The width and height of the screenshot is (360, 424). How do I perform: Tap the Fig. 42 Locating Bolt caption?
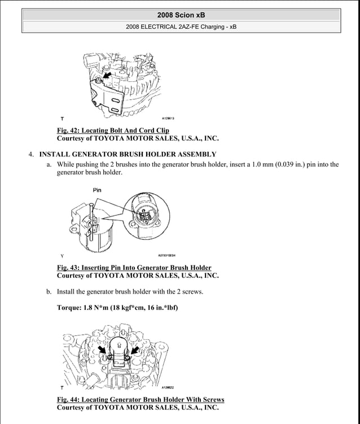click(113, 130)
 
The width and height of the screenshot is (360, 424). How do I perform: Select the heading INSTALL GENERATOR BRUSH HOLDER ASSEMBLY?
click(128, 154)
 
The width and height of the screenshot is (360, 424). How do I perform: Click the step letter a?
click(49, 165)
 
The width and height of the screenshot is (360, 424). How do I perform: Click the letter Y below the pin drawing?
click(62, 255)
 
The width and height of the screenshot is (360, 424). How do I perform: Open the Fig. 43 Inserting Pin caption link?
click(134, 268)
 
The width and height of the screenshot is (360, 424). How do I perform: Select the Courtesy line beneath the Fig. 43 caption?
click(138, 276)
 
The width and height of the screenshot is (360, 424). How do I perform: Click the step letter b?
click(49, 292)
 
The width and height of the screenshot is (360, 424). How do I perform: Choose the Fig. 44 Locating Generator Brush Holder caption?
click(141, 399)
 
